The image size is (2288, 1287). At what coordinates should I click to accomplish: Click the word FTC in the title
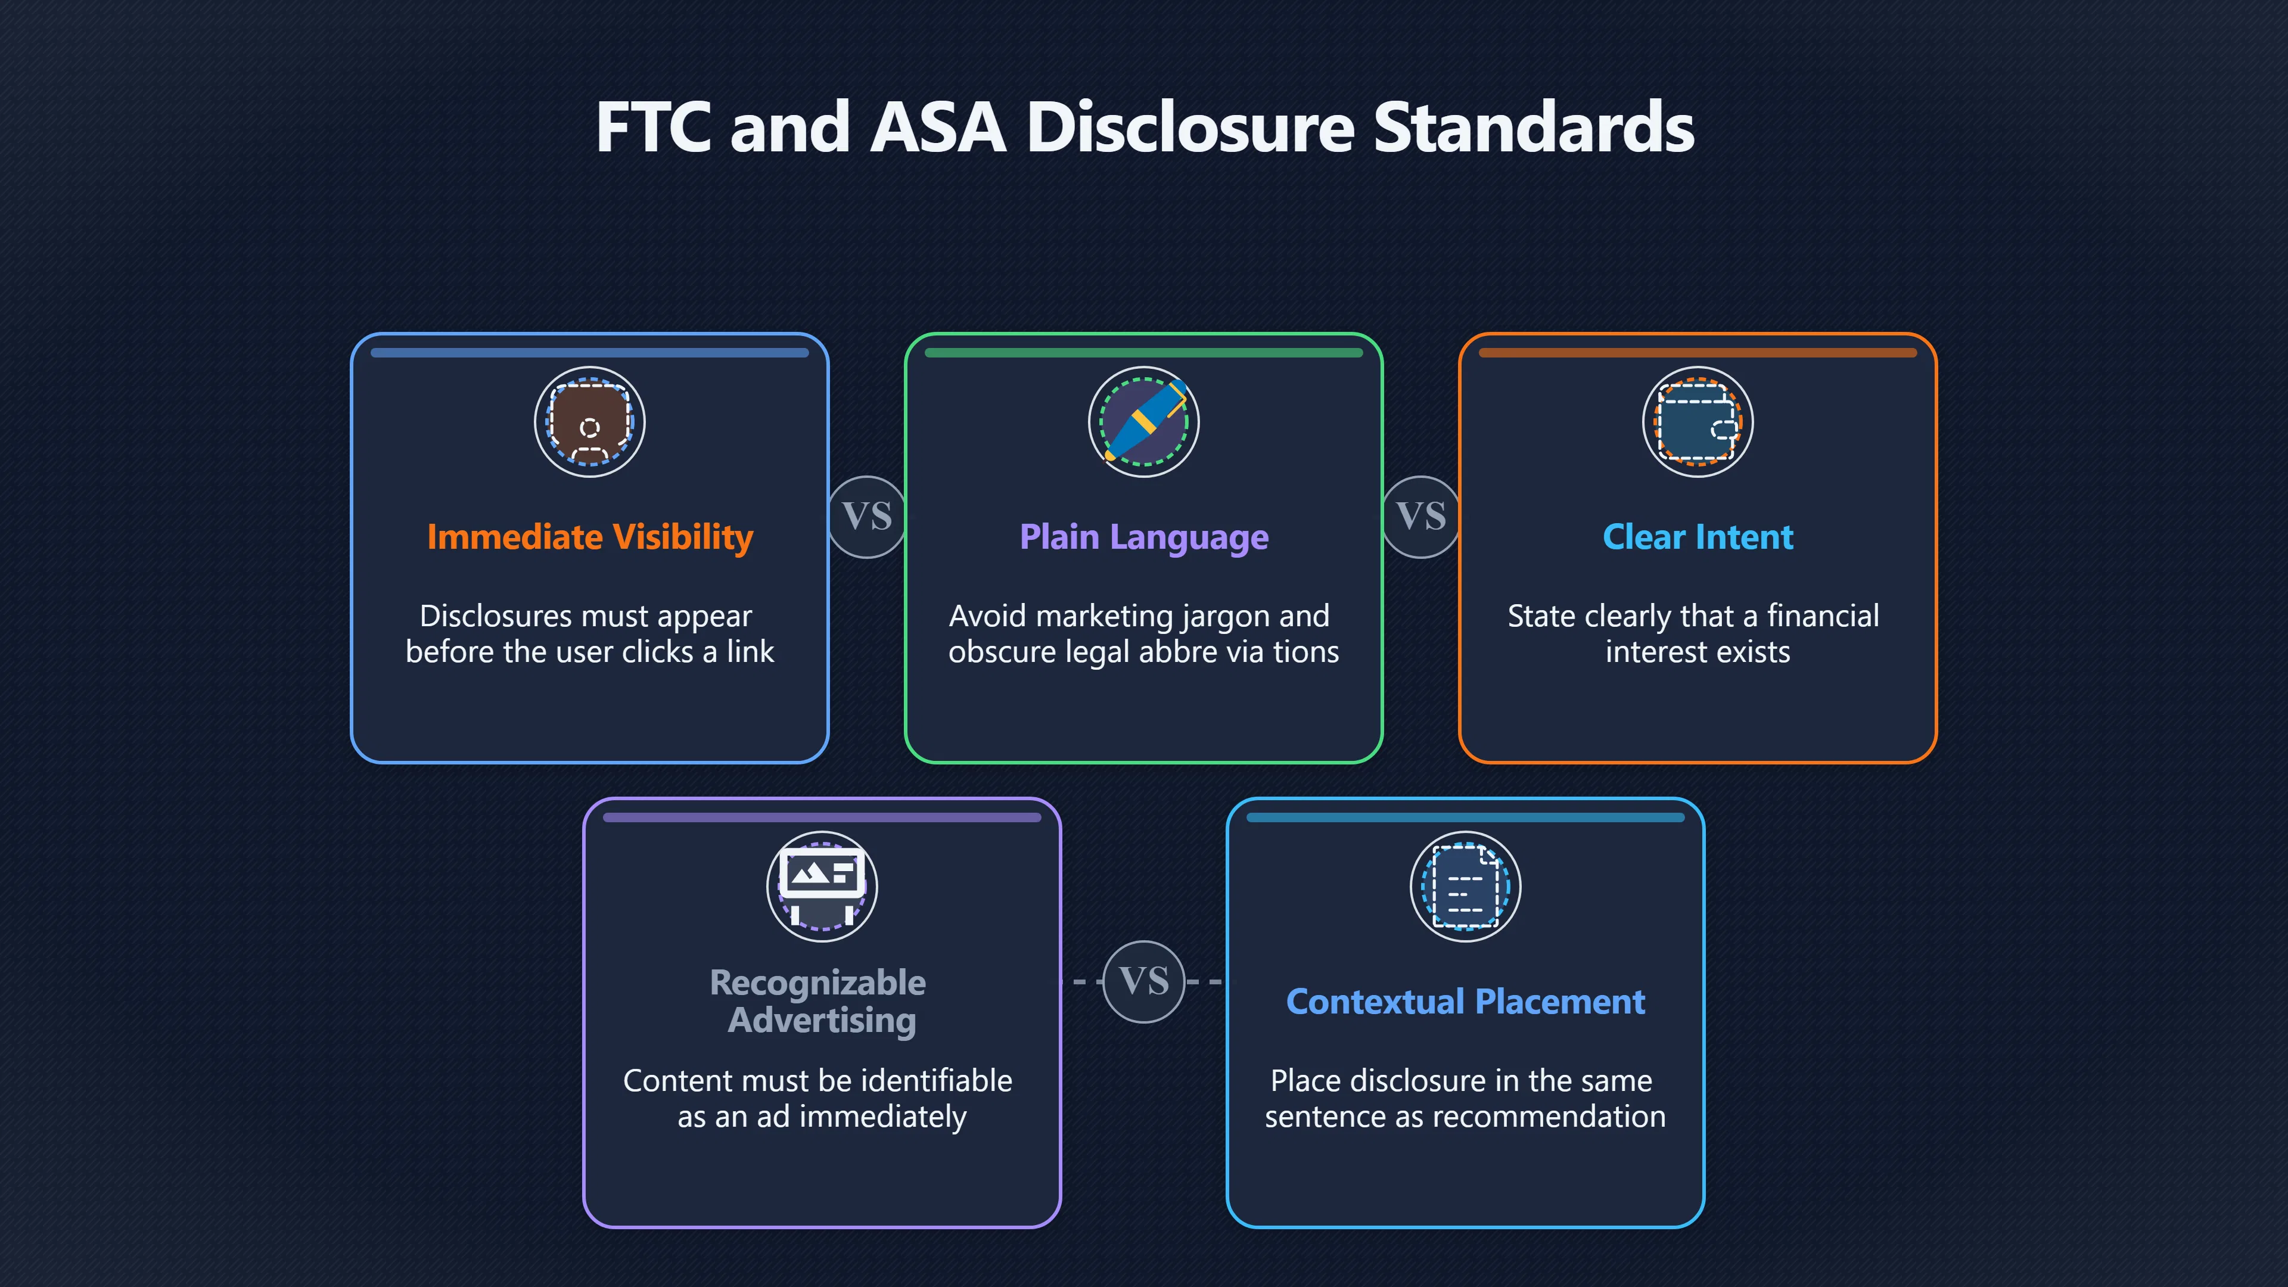tap(654, 127)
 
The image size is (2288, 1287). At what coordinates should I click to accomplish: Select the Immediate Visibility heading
tap(590, 537)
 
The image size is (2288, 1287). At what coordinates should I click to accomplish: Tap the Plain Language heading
tap(1144, 537)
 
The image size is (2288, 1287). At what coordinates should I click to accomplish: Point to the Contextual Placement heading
tap(1466, 1002)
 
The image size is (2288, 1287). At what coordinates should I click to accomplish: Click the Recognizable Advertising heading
tap(818, 1001)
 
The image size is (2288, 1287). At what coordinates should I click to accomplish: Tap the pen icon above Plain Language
tap(1144, 422)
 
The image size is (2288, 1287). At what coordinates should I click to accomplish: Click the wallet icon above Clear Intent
tap(1698, 422)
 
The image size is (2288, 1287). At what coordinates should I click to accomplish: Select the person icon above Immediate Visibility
tap(590, 422)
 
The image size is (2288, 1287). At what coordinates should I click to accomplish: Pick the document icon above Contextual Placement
tap(1466, 887)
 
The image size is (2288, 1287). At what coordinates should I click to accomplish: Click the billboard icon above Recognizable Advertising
tap(822, 887)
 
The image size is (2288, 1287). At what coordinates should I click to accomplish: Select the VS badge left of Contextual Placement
tap(1144, 981)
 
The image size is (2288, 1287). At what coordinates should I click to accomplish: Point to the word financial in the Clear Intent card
tap(1823, 615)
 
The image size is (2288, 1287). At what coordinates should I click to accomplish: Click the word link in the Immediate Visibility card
tap(751, 652)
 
